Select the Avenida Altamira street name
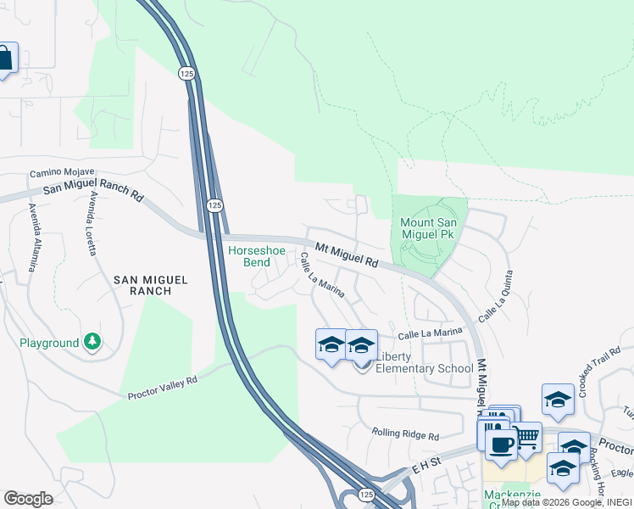pos(33,238)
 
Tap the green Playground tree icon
pos(92,342)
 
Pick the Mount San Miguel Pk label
pos(430,229)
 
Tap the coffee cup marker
pos(501,444)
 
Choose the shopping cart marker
pos(527,438)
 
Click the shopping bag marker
pos(4,59)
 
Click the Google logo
pos(28,499)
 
